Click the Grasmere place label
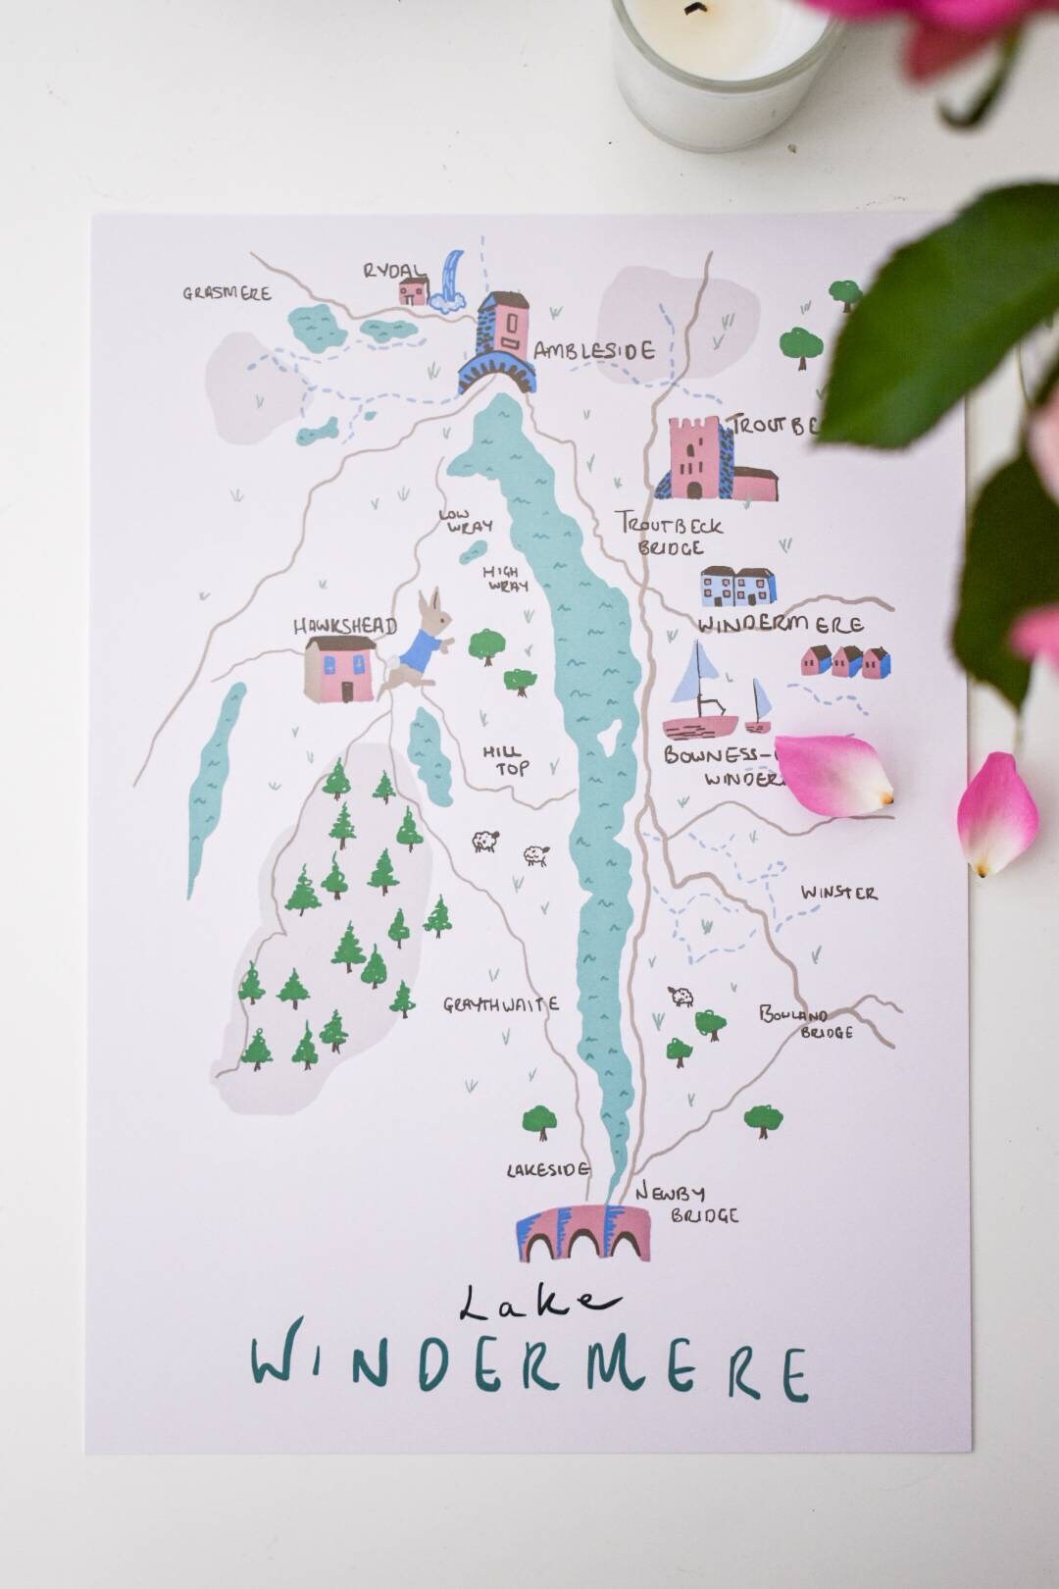click(x=227, y=292)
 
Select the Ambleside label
click(x=593, y=350)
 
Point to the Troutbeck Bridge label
click(x=671, y=536)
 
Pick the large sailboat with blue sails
click(x=698, y=692)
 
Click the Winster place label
click(x=838, y=893)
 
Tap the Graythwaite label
click(x=500, y=1004)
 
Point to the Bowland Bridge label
click(x=807, y=1022)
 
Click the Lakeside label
click(x=547, y=1169)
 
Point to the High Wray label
click(x=505, y=579)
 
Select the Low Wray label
click(x=465, y=521)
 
